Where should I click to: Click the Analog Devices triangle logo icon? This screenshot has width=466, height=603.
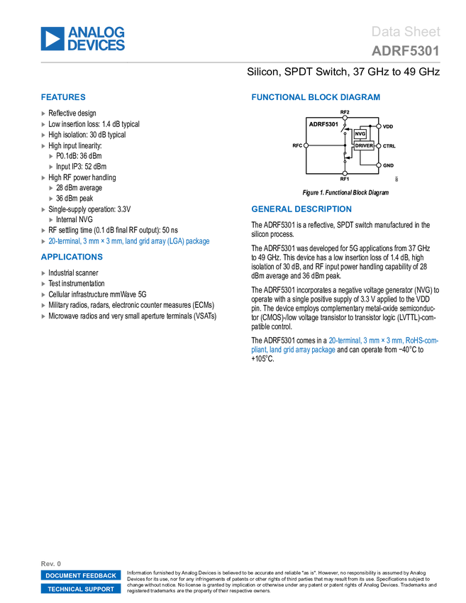(x=52, y=39)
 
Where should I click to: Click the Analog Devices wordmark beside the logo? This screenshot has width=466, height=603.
(x=96, y=39)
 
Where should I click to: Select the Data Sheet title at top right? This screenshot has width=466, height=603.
(x=406, y=32)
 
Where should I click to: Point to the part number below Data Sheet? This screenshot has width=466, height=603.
(x=405, y=51)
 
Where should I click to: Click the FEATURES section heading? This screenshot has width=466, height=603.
(x=63, y=97)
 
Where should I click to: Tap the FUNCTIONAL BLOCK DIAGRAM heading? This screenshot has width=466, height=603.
(x=316, y=97)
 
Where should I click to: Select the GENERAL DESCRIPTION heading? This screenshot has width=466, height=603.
(x=301, y=209)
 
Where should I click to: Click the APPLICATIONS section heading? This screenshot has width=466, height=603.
(x=72, y=258)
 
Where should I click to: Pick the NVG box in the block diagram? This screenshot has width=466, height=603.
(x=360, y=133)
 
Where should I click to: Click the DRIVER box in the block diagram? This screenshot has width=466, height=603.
(x=364, y=145)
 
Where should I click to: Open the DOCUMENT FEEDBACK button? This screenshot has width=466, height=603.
(x=81, y=576)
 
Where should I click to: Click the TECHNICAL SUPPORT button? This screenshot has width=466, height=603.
(x=81, y=590)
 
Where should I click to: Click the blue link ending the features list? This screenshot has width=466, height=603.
(x=128, y=241)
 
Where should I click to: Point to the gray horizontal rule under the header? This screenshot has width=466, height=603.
(x=240, y=62)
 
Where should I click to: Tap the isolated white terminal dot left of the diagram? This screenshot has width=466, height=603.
(x=306, y=145)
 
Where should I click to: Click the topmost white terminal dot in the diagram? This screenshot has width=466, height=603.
(x=345, y=118)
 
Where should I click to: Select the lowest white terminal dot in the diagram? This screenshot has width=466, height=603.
(x=345, y=173)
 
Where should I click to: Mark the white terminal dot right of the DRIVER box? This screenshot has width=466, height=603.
(x=379, y=146)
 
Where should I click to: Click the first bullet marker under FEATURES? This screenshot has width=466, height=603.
(x=43, y=113)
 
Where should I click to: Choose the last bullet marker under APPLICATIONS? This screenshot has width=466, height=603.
(x=43, y=316)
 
